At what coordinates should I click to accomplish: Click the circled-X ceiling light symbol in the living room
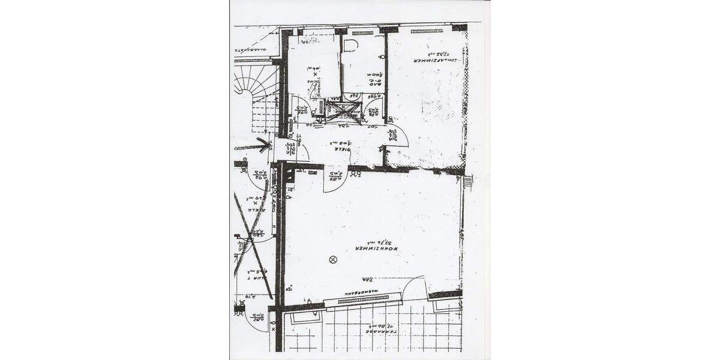(x=333, y=259)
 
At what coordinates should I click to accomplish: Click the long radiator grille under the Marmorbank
(x=358, y=300)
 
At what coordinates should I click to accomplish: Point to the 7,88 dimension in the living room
(x=367, y=279)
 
